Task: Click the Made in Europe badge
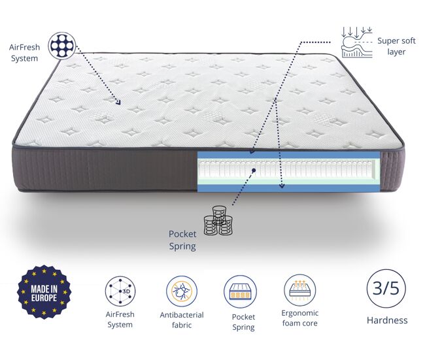(44, 292)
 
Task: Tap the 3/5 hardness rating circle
(386, 289)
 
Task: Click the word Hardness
(387, 320)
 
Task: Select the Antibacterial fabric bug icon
(182, 291)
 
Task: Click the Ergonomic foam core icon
(299, 290)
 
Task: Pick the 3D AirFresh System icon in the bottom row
(120, 291)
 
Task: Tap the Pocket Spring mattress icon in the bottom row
(240, 291)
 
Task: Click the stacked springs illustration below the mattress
(218, 220)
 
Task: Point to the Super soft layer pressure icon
(357, 42)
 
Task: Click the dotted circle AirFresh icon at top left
(62, 46)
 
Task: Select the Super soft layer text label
(396, 46)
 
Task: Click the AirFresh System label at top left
(24, 52)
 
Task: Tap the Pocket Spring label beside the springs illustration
(182, 240)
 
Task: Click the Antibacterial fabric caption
(182, 320)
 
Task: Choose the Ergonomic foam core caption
(299, 318)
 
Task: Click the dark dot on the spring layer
(254, 171)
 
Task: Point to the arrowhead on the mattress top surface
(118, 103)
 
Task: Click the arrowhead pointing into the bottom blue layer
(282, 186)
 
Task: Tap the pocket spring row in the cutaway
(287, 169)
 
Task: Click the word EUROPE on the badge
(44, 298)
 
